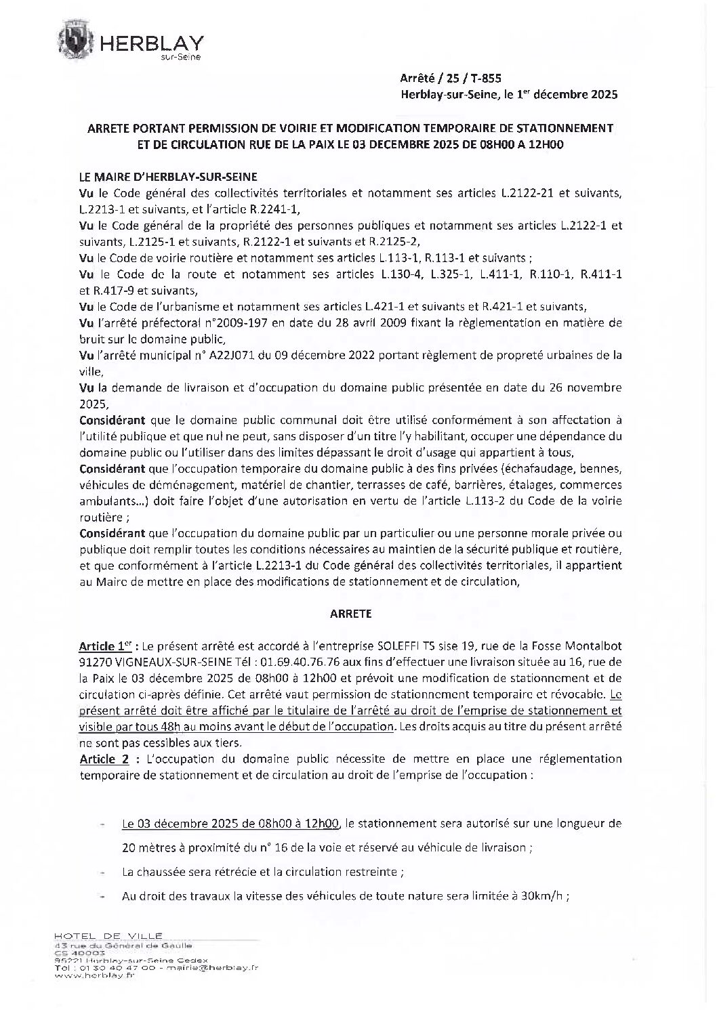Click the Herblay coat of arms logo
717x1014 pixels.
pos(79,39)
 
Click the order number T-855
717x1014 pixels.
pos(485,79)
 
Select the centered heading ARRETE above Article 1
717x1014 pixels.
pos(350,614)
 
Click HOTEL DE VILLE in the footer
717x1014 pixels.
pos(108,935)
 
